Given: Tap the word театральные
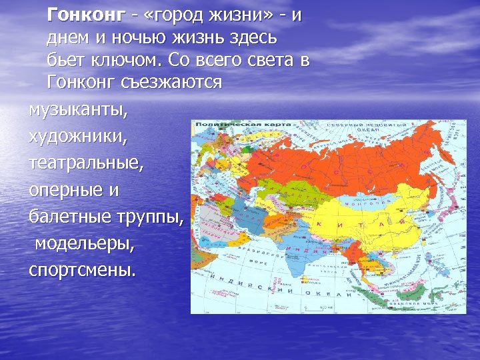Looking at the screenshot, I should coord(85,163).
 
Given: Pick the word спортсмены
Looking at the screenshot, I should coord(81,271).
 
